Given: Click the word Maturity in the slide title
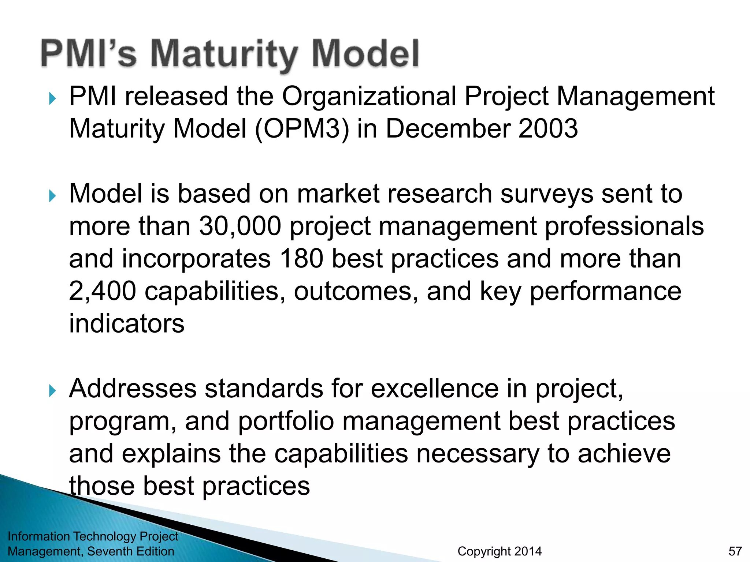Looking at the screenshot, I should [224, 55].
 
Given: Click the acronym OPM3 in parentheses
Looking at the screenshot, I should [302, 129].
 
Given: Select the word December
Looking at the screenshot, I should [448, 129].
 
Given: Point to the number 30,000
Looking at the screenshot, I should [240, 226].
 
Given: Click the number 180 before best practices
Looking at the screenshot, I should [301, 259].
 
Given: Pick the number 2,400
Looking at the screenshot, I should [103, 291].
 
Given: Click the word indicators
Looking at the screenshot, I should [127, 324].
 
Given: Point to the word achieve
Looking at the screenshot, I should [624, 454].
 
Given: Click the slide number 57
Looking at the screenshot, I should [735, 551].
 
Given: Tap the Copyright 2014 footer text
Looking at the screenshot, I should [500, 551].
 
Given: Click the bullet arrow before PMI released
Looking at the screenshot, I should [52, 98].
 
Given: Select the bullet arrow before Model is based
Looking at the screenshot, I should [52, 196].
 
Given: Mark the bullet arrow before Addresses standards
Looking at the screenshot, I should [52, 391].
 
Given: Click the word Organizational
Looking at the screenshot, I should [369, 97].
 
